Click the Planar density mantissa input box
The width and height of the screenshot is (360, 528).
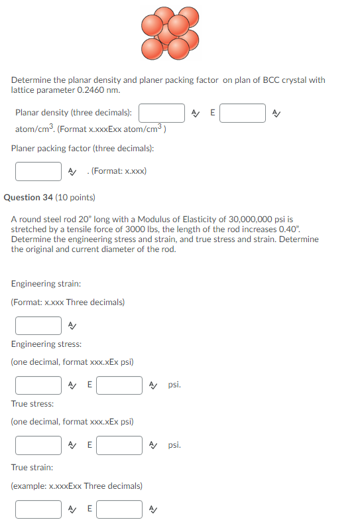coord(162,113)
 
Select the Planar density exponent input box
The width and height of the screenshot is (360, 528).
coord(243,113)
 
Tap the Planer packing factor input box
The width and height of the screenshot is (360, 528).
coord(38,171)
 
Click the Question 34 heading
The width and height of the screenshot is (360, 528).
coord(50,197)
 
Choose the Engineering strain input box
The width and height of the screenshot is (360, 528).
coord(38,326)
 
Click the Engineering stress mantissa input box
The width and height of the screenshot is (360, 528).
coord(38,385)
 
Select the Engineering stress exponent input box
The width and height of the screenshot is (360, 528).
coord(119,385)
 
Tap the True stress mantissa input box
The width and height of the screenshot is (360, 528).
coord(38,445)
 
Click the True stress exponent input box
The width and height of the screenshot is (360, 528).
coord(119,445)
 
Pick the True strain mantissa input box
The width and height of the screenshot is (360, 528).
coord(38,509)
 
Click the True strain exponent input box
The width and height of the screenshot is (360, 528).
coord(119,509)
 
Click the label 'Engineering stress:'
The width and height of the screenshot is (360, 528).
coord(46,344)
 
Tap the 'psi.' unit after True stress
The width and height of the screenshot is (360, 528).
coord(174,445)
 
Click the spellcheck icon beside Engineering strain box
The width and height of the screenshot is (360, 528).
coord(73,326)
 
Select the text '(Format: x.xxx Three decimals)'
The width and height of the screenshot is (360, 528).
coord(68,302)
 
